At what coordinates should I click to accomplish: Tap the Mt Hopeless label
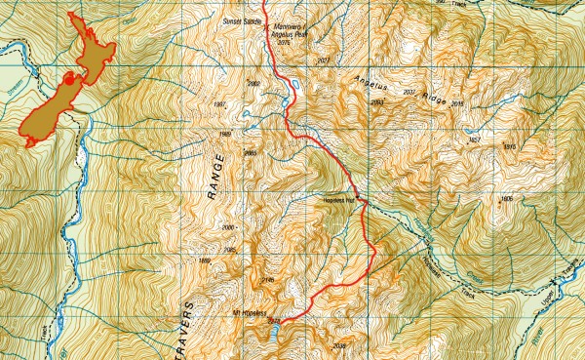pos(250,313)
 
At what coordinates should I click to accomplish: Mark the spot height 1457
pos(475,140)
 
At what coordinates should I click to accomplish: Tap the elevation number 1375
pos(508,146)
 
